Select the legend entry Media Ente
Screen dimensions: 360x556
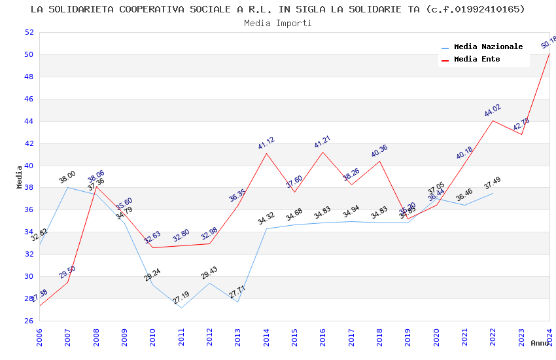[x=477, y=59]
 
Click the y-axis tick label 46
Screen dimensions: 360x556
[x=29, y=99]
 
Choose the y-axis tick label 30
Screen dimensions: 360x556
[x=29, y=276]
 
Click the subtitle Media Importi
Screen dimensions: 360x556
[x=278, y=23]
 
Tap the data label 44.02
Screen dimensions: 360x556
[x=493, y=111]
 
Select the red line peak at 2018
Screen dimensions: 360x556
[x=379, y=161]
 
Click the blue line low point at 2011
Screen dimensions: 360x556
[x=181, y=308]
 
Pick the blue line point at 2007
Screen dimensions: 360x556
[x=68, y=187]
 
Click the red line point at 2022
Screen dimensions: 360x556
[x=493, y=120]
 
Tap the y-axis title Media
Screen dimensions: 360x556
[x=19, y=177]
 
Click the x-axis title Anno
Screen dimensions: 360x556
[x=540, y=343]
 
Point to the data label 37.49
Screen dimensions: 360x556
[x=493, y=184]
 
